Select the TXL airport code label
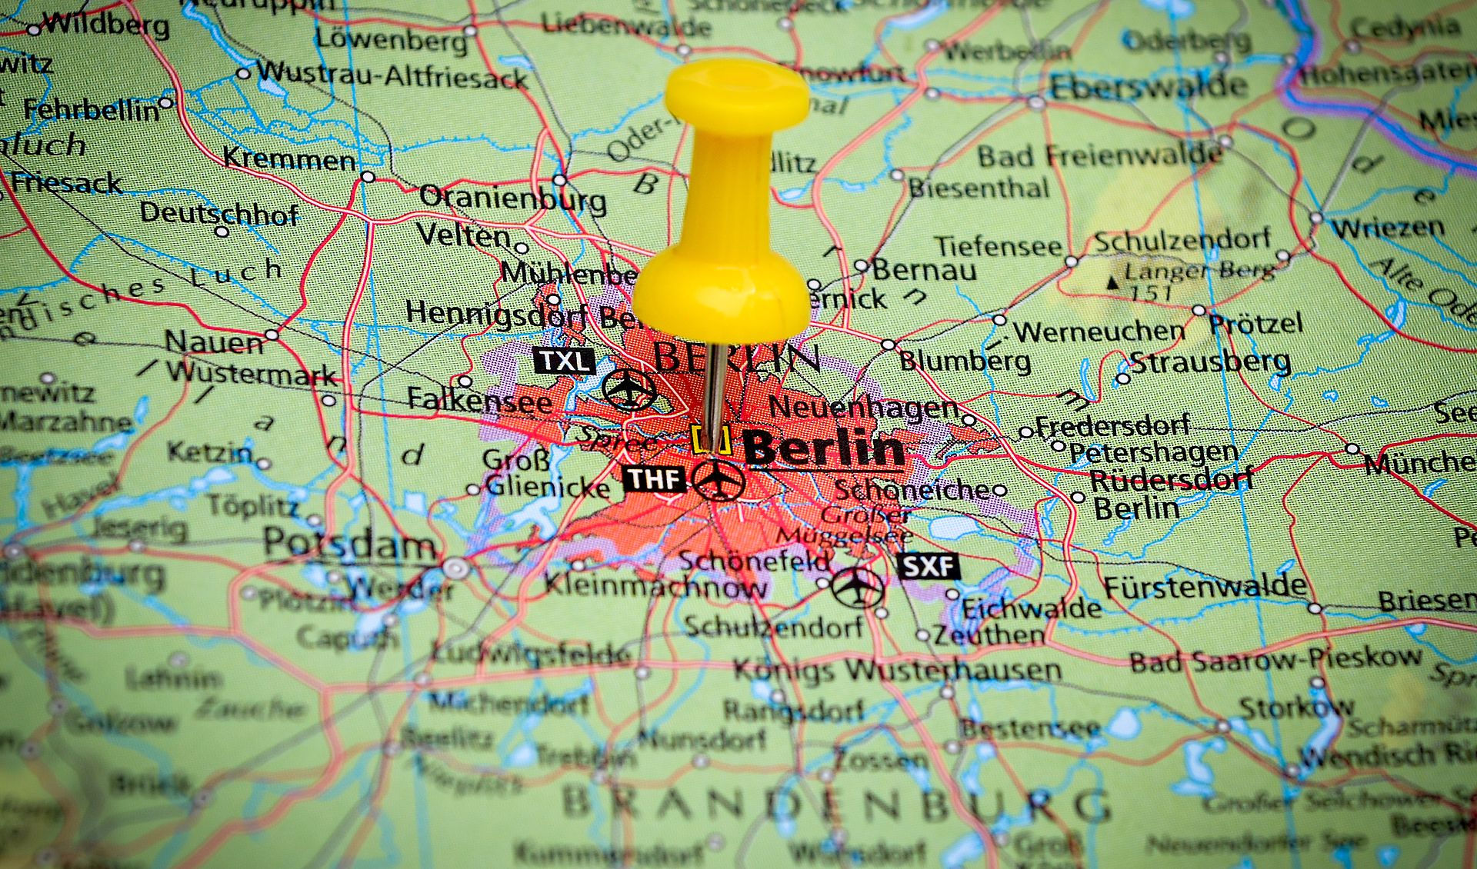[x=565, y=361]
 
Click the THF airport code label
[x=654, y=479]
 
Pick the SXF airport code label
[x=929, y=567]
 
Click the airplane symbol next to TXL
[x=629, y=389]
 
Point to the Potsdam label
[x=350, y=544]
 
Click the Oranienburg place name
[x=512, y=198]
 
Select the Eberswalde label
[x=1148, y=87]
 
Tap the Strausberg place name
[x=1209, y=361]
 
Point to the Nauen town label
[x=214, y=341]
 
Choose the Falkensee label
[x=478, y=400]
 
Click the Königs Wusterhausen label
[x=897, y=670]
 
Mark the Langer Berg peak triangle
[x=1112, y=283]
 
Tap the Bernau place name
[x=924, y=270]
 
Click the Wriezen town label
[x=1389, y=228]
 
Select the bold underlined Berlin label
[x=823, y=448]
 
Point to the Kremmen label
[x=289, y=159]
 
